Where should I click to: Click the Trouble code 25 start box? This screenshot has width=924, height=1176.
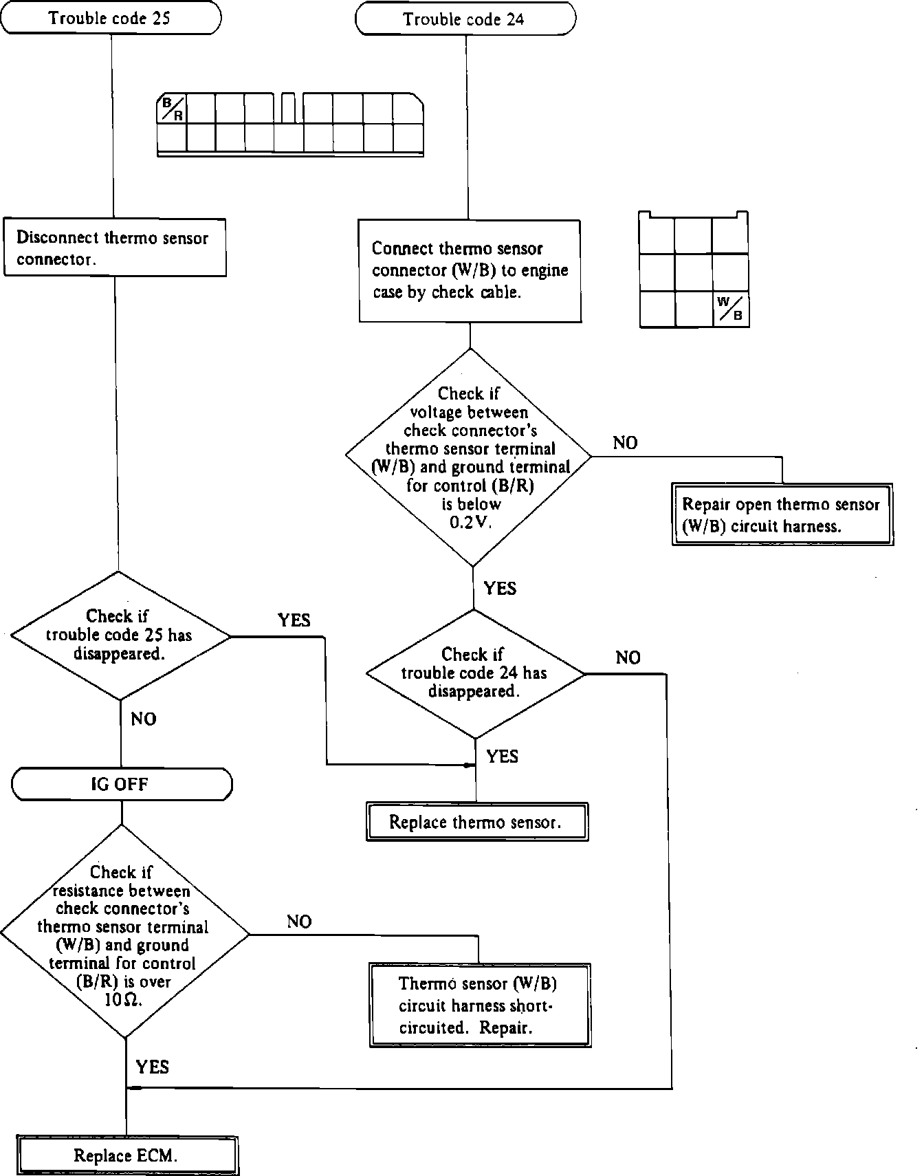tap(112, 18)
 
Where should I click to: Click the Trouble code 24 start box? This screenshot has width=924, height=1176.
tap(465, 19)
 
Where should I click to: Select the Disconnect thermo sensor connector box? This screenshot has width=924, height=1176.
tap(115, 248)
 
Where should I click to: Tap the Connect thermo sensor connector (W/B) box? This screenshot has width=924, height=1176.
tap(470, 271)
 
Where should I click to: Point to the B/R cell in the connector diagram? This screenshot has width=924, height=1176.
tap(172, 109)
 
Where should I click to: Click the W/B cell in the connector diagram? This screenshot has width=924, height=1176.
tap(730, 309)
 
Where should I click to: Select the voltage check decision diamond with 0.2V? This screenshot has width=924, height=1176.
tap(469, 457)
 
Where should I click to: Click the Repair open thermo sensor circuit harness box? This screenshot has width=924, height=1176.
tap(782, 514)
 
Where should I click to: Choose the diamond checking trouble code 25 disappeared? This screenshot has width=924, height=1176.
tap(120, 635)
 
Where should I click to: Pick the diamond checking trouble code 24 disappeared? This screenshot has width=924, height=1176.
tap(475, 674)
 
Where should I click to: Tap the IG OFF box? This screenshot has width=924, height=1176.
tap(122, 785)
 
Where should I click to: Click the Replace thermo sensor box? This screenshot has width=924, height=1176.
tap(477, 822)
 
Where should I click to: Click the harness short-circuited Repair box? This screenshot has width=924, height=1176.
tap(480, 1005)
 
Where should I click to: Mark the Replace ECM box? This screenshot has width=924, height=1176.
tap(127, 1155)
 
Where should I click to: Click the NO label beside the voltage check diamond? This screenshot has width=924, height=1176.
tap(625, 443)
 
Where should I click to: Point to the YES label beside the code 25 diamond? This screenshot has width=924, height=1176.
tap(294, 620)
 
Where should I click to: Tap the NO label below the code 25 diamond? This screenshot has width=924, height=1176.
tap(144, 719)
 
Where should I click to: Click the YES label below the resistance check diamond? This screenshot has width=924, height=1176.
tap(152, 1067)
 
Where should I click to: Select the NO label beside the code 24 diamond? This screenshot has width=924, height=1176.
tap(628, 658)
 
